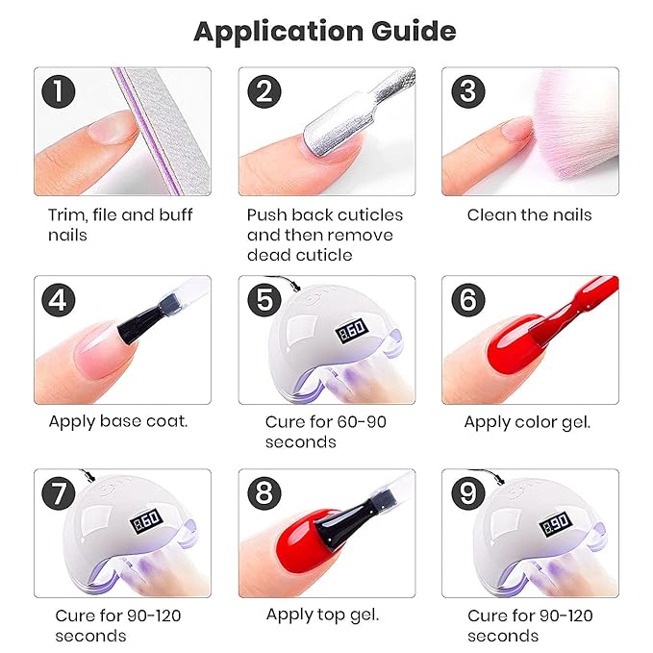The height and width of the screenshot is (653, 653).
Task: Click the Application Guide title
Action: click(x=325, y=32)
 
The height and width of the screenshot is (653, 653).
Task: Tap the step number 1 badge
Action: click(x=61, y=92)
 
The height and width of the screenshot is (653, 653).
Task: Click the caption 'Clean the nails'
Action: click(x=529, y=214)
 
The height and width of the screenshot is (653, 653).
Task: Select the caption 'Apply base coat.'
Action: click(x=118, y=421)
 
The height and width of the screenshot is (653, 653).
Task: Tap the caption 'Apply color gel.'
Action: click(x=527, y=421)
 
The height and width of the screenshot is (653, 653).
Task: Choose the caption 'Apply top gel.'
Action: click(x=323, y=615)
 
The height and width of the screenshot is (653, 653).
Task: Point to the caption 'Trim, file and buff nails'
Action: click(x=120, y=224)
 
